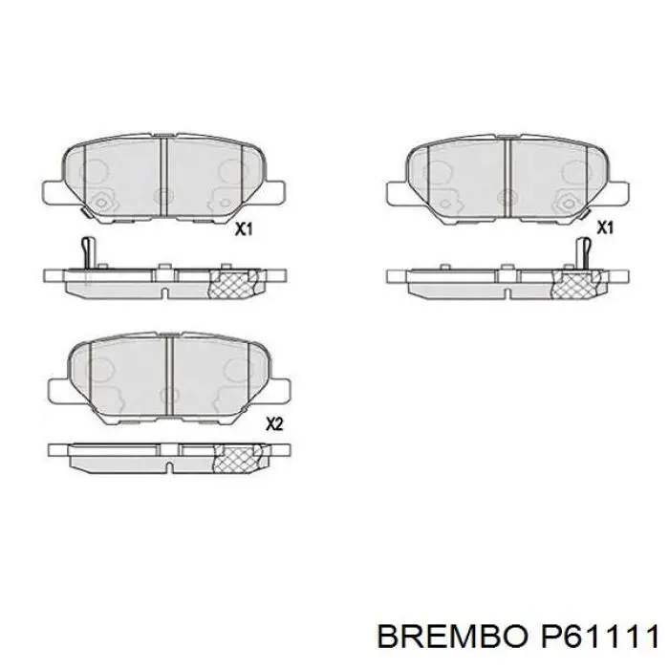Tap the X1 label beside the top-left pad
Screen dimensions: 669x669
(x=244, y=229)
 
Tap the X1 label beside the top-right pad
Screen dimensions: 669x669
(x=604, y=227)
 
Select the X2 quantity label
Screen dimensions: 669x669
(x=274, y=425)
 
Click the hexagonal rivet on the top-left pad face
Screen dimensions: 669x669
(x=102, y=202)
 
